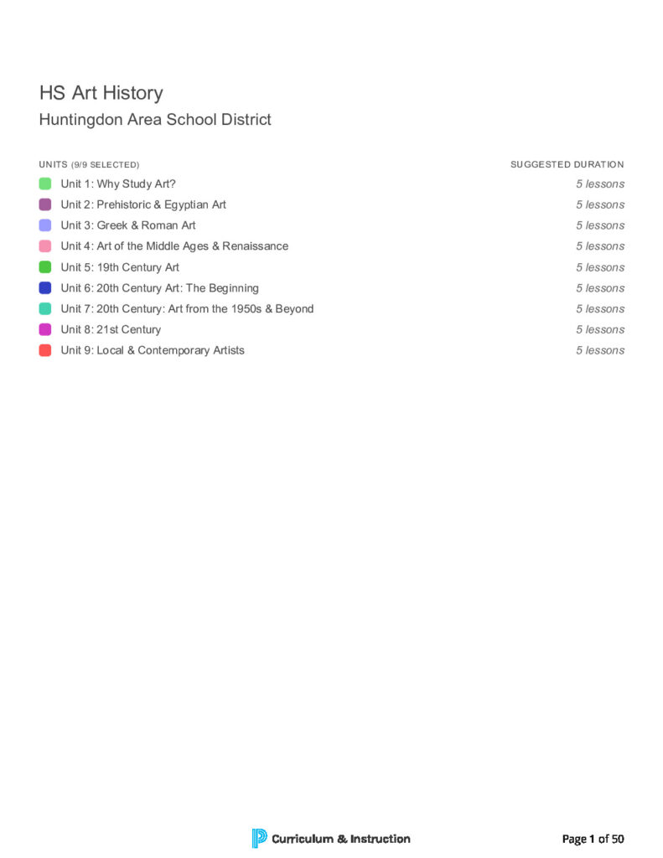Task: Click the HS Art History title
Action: click(101, 93)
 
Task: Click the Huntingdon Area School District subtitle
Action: click(155, 120)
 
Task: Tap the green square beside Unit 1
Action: click(45, 183)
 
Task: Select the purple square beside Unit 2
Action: click(45, 204)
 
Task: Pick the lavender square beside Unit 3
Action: click(45, 225)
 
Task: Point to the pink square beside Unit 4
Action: click(45, 246)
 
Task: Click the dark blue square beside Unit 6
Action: click(45, 288)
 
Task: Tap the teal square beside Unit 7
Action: click(45, 309)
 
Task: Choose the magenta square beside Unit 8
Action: click(45, 329)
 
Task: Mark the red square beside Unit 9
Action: click(45, 350)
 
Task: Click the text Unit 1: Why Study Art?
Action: click(118, 183)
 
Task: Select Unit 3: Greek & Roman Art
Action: click(128, 225)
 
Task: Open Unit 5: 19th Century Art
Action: click(120, 267)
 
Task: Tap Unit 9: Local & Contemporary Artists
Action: click(153, 350)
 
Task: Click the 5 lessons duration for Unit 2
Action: click(599, 204)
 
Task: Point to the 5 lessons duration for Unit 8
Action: click(599, 329)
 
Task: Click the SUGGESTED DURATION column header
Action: click(567, 165)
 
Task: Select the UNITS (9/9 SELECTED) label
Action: click(89, 165)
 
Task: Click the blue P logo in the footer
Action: click(259, 838)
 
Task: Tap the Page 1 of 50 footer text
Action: click(593, 839)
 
